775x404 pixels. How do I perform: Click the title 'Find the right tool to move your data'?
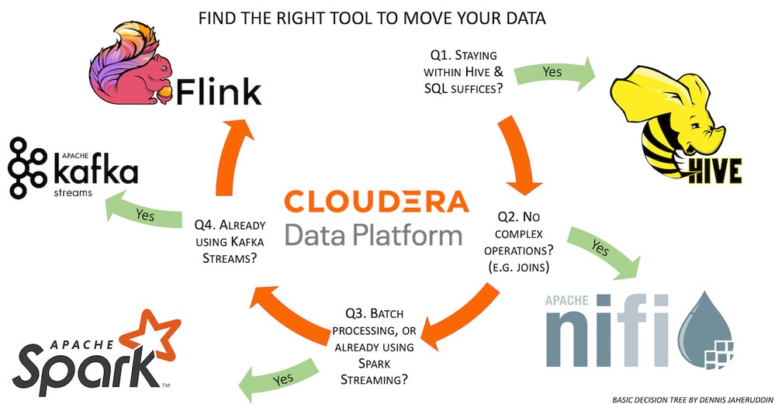click(x=372, y=18)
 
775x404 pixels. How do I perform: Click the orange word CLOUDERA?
click(x=376, y=202)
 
